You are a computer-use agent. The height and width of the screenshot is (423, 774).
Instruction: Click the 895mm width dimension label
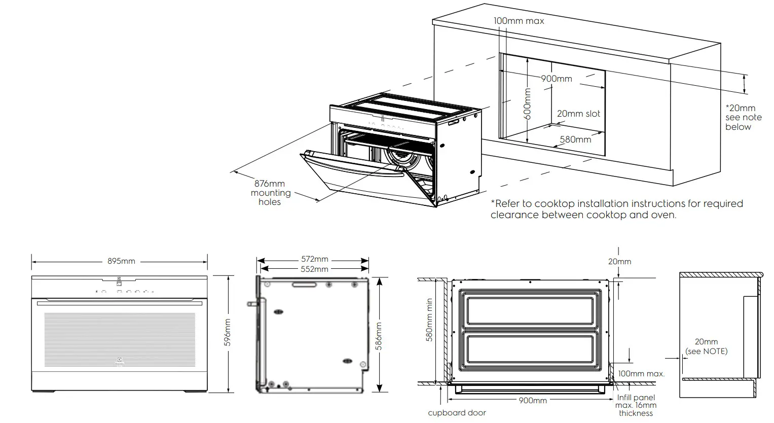(x=121, y=261)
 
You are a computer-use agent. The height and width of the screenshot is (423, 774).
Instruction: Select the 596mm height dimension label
(x=227, y=333)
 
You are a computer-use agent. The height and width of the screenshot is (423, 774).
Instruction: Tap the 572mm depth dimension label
(x=314, y=260)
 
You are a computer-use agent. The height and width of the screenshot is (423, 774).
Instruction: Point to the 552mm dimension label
(x=314, y=269)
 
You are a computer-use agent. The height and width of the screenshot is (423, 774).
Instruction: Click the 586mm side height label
(x=379, y=336)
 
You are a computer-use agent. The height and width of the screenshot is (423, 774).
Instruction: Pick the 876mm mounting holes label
(x=270, y=193)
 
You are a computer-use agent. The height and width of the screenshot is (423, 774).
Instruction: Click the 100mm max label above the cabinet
(x=519, y=21)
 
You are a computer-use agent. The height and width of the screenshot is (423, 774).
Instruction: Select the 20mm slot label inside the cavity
(x=578, y=114)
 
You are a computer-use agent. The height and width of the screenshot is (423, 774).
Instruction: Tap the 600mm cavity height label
(x=527, y=104)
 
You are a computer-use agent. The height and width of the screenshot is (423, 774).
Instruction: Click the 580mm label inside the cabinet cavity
(x=575, y=139)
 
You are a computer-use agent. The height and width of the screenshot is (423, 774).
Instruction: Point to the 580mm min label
(x=429, y=320)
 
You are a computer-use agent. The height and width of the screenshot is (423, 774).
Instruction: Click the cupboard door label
(x=457, y=413)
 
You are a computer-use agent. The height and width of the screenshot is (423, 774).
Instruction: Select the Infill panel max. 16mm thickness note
(x=636, y=405)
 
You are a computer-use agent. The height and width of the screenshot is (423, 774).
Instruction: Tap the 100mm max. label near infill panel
(x=641, y=374)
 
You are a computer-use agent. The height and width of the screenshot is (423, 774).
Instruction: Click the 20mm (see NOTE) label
(x=706, y=346)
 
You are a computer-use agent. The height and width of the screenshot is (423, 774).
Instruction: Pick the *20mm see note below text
(x=743, y=117)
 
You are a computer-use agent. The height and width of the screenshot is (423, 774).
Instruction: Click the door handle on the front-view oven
(x=119, y=301)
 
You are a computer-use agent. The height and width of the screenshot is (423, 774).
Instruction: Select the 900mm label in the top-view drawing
(x=533, y=400)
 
